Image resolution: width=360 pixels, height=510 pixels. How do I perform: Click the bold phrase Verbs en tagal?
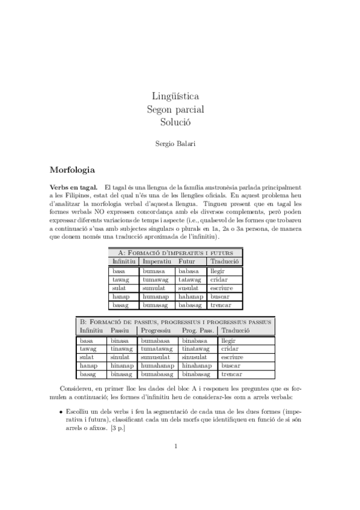tap(74, 188)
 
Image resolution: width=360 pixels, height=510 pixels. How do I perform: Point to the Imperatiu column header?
tap(157, 262)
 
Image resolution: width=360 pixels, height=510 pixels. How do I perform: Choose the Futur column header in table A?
tap(187, 262)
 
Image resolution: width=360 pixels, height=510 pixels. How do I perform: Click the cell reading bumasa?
tap(154, 271)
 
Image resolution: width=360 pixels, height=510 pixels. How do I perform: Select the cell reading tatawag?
tap(189, 280)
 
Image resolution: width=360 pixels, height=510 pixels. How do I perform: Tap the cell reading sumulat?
tap(154, 288)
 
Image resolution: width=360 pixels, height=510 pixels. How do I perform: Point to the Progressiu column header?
tap(156, 331)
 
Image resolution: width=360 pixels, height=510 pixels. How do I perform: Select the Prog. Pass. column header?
tap(197, 331)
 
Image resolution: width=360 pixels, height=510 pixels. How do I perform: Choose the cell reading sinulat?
tap(121, 357)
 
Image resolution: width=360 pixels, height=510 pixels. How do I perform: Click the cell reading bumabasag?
tap(157, 374)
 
